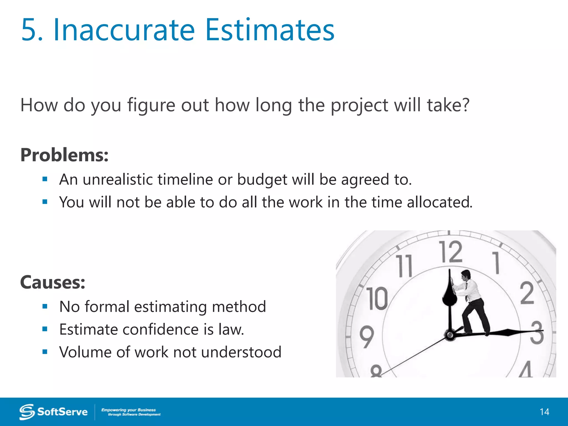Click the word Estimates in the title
[270, 30]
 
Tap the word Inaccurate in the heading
[124, 30]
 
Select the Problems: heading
[64, 155]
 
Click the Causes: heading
[53, 283]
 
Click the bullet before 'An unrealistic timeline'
[45, 179]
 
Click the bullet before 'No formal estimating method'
[45, 306]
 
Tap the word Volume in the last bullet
[85, 352]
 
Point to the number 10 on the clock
[377, 298]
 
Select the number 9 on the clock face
[367, 337]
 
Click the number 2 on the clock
[527, 293]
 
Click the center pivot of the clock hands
[450, 335]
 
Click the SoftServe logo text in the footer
[62, 412]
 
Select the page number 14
[544, 412]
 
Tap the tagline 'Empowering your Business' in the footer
[128, 410]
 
